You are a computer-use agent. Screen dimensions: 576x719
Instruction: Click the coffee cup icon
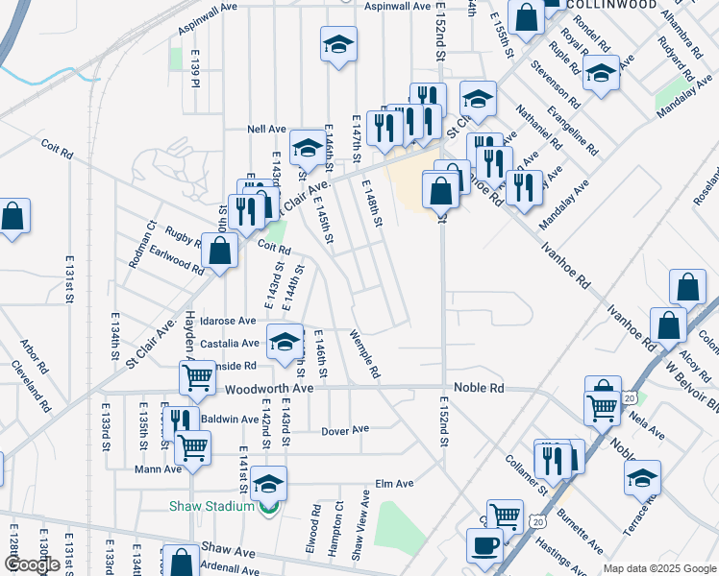point(484,544)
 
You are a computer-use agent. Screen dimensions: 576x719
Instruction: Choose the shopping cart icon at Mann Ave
point(193,445)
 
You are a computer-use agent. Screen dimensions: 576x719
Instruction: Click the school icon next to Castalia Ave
point(285,341)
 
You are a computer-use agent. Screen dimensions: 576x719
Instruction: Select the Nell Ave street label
point(267,128)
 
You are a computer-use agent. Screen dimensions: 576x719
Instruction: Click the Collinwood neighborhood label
point(611,5)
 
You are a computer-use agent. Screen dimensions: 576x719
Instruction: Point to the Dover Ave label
point(345,430)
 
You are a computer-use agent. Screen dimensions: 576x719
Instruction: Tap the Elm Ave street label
point(394,484)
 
